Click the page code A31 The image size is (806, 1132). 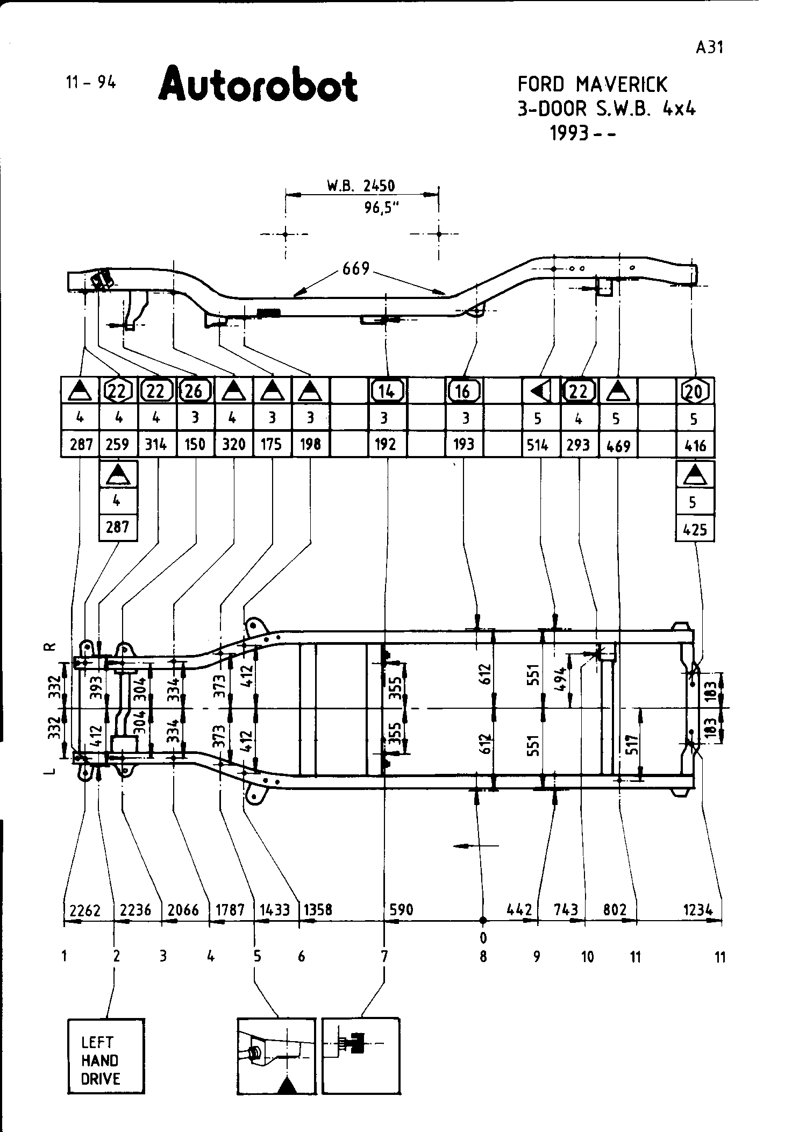coord(709,47)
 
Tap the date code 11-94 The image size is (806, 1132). coord(90,82)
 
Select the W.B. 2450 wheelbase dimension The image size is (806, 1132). coord(361,186)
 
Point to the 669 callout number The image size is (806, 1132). coord(356,268)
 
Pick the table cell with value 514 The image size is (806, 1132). coord(538,444)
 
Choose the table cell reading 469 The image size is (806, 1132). coord(618,445)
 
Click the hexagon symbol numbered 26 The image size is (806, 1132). coord(194,390)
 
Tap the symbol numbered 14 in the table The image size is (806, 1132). coord(387,391)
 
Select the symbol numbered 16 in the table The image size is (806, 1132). coord(463,391)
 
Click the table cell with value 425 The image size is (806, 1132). coord(695,529)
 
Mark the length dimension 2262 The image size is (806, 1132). coord(85,910)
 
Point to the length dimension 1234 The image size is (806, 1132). coord(698,910)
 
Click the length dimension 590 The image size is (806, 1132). coord(401,909)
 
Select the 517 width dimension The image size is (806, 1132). coord(632,745)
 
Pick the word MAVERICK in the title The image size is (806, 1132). coord(621,84)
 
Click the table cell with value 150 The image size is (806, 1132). coord(195,444)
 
